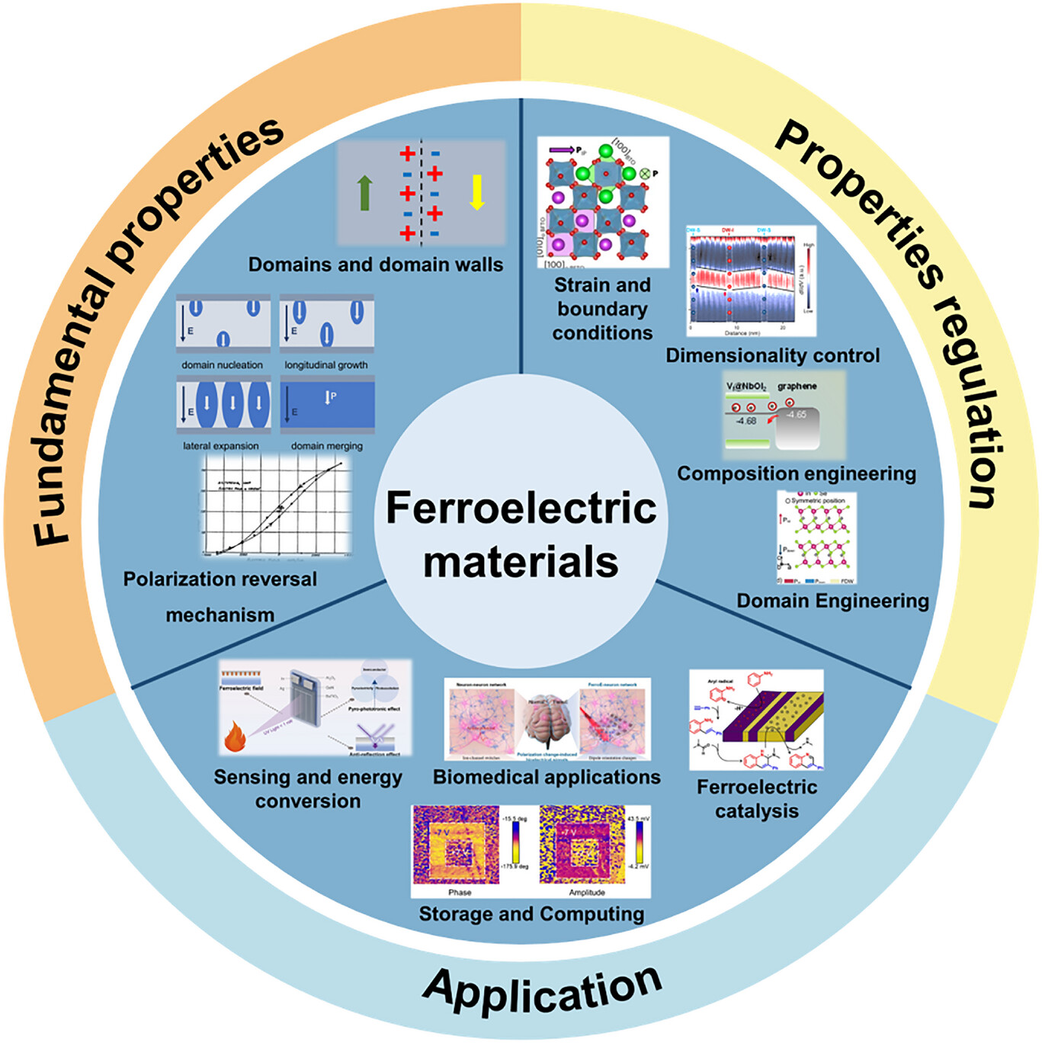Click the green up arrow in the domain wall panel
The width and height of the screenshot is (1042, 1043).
364,192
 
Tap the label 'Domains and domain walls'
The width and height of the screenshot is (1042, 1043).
376,265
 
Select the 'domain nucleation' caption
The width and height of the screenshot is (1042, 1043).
222,365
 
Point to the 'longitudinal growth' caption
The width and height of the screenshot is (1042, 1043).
326,365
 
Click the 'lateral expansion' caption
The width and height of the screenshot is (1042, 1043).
220,446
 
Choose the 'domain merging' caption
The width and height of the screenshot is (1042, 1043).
327,446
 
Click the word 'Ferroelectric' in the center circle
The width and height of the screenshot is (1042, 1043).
521,508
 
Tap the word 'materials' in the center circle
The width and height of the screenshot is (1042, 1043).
521,562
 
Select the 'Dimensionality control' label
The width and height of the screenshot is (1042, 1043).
772,356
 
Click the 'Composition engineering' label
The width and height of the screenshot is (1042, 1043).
797,473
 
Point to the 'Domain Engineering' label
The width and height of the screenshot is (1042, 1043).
832,601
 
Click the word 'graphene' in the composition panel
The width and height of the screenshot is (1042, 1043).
797,387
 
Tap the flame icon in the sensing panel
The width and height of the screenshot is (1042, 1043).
234,737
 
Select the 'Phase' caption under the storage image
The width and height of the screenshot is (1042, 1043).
460,892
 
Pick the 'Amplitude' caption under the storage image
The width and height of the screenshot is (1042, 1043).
587,892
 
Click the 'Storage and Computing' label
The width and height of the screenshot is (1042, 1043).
531,914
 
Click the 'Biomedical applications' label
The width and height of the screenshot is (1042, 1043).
547,777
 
